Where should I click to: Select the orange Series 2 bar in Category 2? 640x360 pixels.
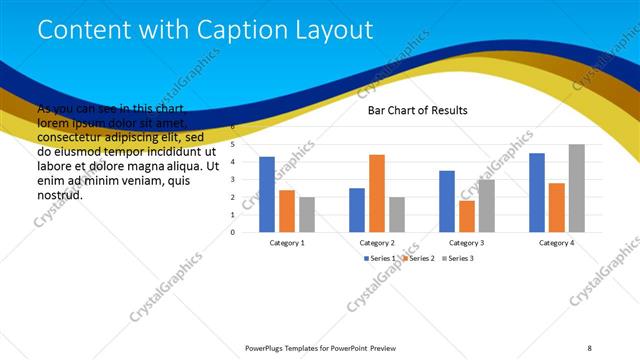click(377, 193)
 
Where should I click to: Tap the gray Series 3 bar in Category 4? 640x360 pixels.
click(577, 188)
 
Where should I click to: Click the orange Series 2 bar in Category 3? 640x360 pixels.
click(467, 216)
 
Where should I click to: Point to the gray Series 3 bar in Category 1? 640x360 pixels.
click(307, 214)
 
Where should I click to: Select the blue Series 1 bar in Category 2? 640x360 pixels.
click(357, 210)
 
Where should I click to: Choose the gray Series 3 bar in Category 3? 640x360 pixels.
click(487, 205)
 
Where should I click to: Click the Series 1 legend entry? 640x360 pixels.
click(381, 258)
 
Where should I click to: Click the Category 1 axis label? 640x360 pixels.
click(287, 243)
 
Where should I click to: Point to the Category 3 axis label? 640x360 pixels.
click(467, 243)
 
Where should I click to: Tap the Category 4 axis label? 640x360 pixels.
click(557, 243)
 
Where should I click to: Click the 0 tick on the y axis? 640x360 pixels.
click(232, 232)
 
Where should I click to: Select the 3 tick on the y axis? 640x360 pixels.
click(232, 180)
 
